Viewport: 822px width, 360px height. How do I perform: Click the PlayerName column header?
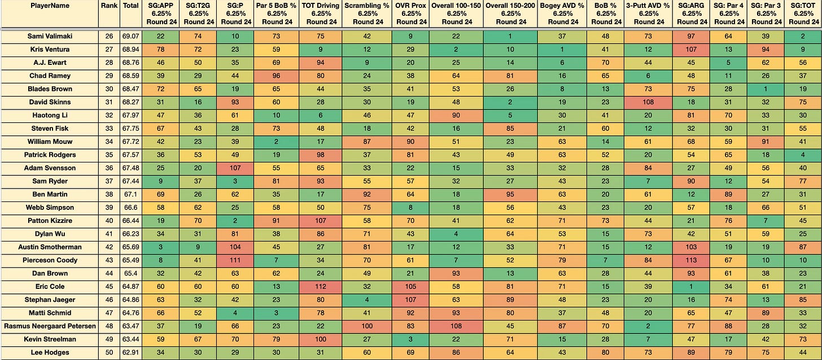coord(50,6)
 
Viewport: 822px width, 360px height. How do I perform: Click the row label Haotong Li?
coord(50,115)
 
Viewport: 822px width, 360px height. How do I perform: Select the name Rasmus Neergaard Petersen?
coord(50,326)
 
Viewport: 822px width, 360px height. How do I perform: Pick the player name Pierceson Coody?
coord(50,260)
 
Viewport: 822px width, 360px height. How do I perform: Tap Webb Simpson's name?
coord(50,207)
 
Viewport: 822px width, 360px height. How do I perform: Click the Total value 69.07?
coord(130,36)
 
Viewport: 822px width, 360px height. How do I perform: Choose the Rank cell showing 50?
coord(109,352)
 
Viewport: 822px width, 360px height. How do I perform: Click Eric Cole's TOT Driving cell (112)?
coord(320,286)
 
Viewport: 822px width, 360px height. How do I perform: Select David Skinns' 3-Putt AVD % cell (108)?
coord(648,102)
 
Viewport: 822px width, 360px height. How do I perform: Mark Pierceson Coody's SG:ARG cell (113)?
coord(691,260)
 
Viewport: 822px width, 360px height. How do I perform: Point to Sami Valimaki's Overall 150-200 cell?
coord(510,36)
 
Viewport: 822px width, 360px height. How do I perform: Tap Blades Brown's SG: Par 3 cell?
coord(766,89)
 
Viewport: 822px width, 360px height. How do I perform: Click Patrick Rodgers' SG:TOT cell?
coord(803,155)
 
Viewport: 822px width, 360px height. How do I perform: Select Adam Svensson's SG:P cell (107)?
coord(235,168)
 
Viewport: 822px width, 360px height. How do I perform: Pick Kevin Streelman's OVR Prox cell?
coord(410,339)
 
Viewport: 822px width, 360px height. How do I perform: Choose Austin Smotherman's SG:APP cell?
coord(161,247)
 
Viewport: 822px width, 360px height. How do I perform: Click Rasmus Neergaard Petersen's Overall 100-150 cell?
coord(456,326)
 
